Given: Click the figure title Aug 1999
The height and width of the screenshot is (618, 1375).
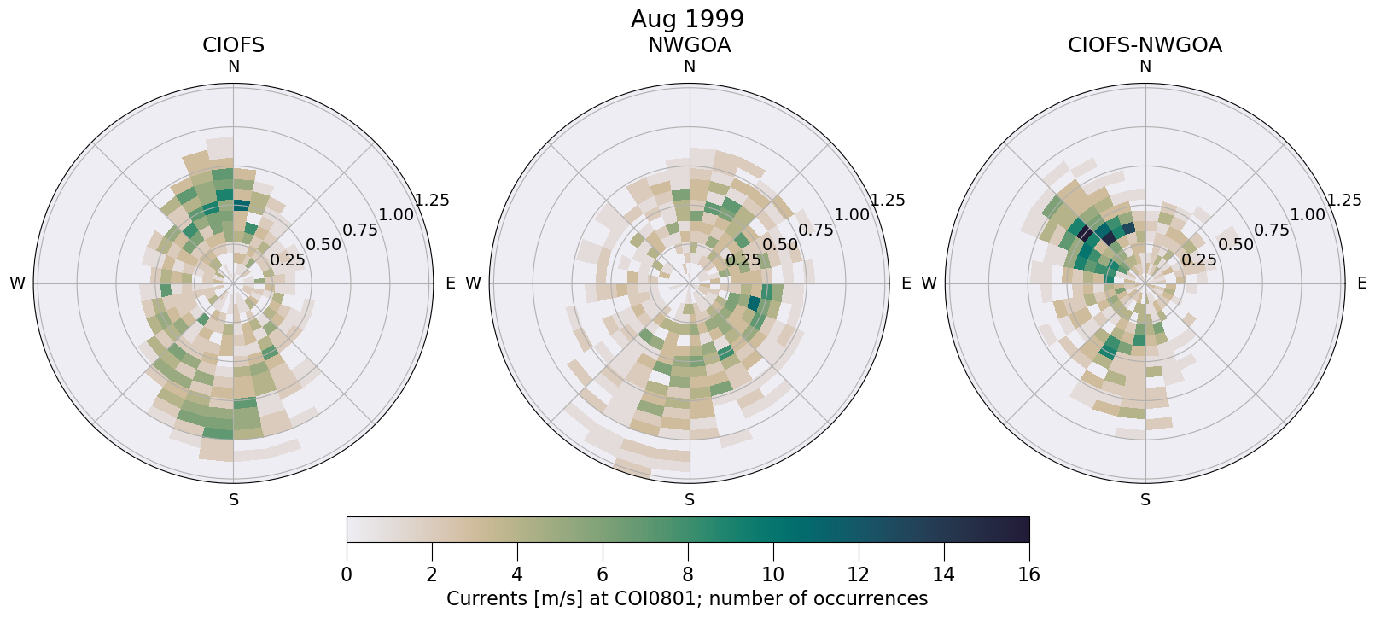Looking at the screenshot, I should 687,19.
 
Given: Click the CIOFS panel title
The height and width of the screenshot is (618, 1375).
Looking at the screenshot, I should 233,45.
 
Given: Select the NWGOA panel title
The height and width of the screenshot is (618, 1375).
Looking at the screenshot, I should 689,45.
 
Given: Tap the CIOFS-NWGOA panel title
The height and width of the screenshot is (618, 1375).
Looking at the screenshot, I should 1145,45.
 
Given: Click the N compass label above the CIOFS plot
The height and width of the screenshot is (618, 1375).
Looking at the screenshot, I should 233,67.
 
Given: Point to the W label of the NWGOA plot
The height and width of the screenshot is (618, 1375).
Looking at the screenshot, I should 473,283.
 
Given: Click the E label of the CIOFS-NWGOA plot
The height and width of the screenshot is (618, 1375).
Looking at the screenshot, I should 1362,283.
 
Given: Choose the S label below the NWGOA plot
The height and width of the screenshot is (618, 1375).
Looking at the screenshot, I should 689,500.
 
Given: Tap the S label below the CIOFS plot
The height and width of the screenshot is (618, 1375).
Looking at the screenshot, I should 233,500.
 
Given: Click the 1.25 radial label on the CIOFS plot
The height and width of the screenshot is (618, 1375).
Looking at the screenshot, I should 432,201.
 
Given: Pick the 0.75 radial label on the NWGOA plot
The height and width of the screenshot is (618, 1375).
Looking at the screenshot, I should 816,230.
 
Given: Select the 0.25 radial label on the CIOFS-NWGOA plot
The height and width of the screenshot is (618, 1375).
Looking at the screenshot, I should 1199,259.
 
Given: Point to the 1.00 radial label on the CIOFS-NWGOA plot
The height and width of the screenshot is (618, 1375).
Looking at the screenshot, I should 1308,215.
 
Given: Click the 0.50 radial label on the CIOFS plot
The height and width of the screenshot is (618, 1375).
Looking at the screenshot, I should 323,245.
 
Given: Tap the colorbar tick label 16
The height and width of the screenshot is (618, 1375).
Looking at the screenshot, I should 1028,574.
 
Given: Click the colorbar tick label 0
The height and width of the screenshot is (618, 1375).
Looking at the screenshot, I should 347,574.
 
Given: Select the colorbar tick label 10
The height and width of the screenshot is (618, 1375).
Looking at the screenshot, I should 772,574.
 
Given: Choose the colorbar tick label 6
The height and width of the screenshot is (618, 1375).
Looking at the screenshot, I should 603,574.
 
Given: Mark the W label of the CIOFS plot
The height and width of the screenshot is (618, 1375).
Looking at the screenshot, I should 17,283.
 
